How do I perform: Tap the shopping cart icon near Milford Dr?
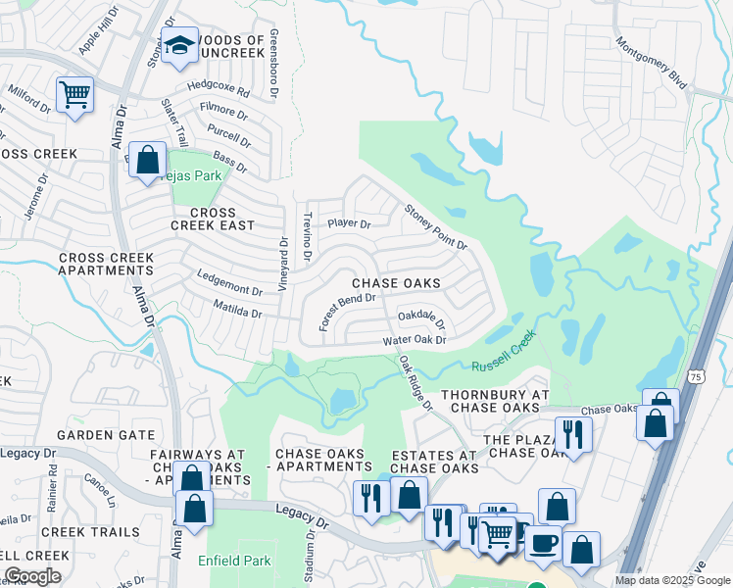coord(74,95)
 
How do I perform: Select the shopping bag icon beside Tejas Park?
coord(147,160)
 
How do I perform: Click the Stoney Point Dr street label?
coord(436,226)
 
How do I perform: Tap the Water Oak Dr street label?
coord(415,340)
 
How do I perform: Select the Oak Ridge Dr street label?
coord(415,382)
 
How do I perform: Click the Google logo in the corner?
coord(32,576)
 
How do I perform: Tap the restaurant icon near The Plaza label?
coord(568,432)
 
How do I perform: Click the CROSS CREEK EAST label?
coord(213,219)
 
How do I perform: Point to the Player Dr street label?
coord(349,223)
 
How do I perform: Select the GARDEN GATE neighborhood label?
coord(105,434)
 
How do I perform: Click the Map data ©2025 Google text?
coord(671,580)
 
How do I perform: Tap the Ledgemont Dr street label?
coord(229,284)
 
